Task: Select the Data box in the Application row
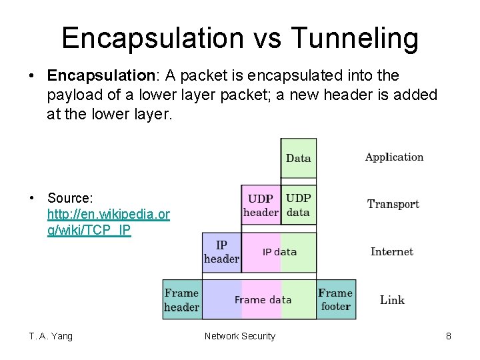click(298, 158)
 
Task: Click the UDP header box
click(261, 205)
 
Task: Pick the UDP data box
click(298, 205)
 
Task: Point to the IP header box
click(221, 252)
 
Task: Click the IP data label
click(279, 252)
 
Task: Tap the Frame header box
click(181, 300)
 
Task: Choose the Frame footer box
click(335, 300)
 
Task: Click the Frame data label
click(263, 300)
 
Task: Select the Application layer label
click(394, 157)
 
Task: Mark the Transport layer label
click(393, 204)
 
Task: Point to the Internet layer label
click(392, 251)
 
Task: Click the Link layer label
click(392, 300)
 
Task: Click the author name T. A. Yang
click(51, 336)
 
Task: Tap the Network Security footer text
click(239, 336)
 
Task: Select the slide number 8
click(449, 336)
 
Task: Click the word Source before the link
click(69, 198)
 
